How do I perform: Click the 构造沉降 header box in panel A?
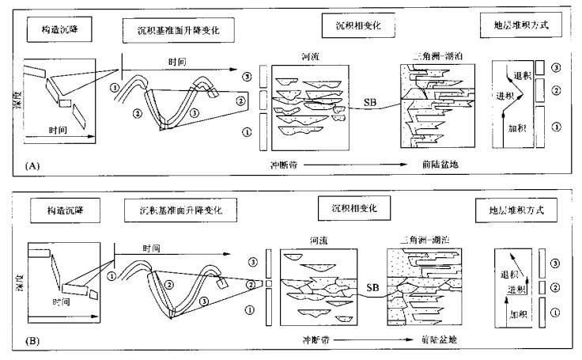pos(64,30)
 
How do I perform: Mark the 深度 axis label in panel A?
pos(17,103)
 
